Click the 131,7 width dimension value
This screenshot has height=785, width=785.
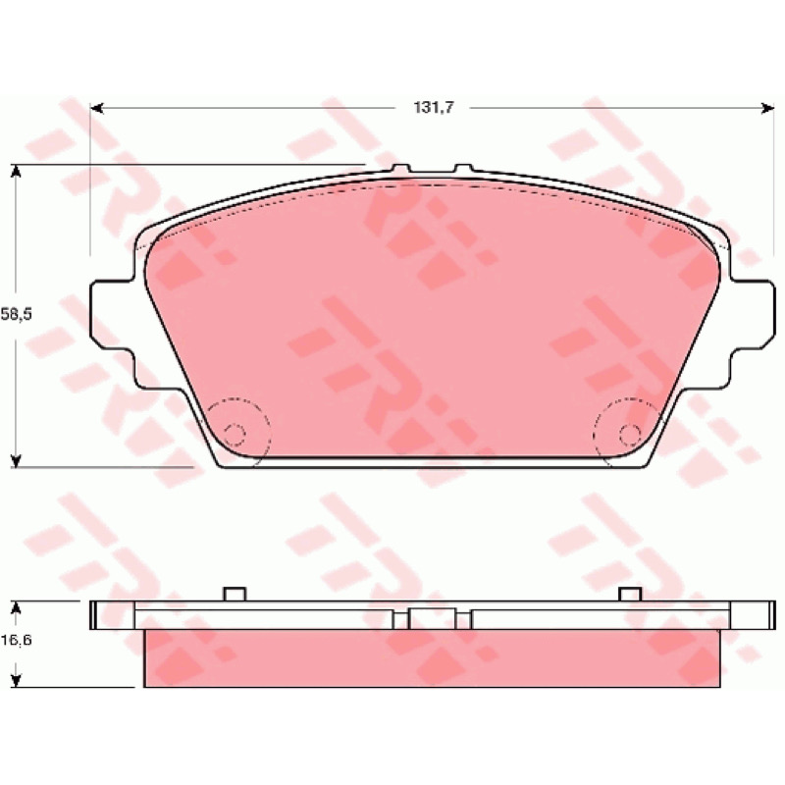tap(434, 108)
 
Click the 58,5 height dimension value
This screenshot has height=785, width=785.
tap(16, 314)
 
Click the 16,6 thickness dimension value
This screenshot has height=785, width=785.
tap(16, 640)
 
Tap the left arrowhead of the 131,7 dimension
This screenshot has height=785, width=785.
tap(96, 108)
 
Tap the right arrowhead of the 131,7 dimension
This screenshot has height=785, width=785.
tap(768, 108)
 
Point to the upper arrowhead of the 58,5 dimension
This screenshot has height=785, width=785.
tap(16, 171)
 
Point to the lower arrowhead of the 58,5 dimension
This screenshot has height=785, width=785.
tap(16, 460)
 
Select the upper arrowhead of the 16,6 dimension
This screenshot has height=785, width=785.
tap(16, 607)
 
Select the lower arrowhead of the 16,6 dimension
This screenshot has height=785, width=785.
tap(16, 680)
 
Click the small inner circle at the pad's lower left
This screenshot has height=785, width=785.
tap(234, 434)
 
